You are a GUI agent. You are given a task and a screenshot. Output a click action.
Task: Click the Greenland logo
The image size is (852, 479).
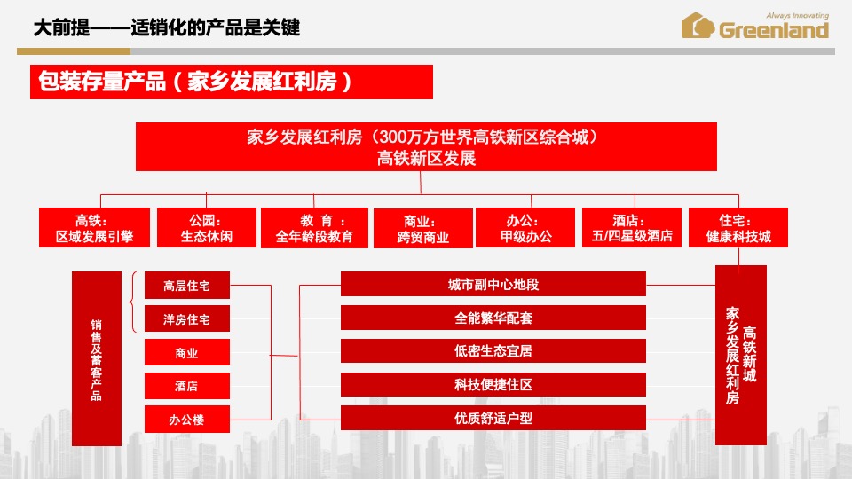click(x=754, y=27)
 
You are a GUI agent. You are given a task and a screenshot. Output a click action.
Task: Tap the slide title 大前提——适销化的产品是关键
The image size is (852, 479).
click(x=166, y=28)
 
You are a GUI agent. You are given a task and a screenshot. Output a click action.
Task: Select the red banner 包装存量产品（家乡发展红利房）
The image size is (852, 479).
click(x=231, y=82)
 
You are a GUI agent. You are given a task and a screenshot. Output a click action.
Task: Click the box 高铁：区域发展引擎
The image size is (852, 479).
click(x=94, y=228)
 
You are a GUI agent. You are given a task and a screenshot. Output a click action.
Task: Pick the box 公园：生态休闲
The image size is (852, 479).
click(x=206, y=228)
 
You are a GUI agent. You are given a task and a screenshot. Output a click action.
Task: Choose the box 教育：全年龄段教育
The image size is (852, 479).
click(x=314, y=228)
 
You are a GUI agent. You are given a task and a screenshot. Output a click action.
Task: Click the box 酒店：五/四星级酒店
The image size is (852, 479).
click(x=632, y=228)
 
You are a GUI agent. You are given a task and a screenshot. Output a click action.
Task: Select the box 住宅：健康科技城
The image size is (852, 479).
click(x=738, y=228)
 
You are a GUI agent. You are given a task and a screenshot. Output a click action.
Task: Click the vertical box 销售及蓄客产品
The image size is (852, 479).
click(x=96, y=358)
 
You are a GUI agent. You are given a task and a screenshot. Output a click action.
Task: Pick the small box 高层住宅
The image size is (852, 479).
click(x=187, y=286)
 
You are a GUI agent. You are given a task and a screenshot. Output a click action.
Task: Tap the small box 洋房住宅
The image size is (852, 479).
click(x=187, y=319)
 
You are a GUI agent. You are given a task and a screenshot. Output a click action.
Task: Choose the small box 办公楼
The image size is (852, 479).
click(x=187, y=420)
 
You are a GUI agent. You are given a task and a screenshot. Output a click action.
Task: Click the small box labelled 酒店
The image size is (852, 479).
click(x=187, y=386)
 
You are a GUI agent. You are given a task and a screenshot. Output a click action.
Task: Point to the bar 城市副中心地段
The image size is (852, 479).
click(x=493, y=285)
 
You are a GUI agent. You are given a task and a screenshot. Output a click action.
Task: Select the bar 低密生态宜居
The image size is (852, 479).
click(x=493, y=351)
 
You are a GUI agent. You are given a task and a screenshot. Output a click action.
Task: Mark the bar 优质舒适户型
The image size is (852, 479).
click(x=493, y=418)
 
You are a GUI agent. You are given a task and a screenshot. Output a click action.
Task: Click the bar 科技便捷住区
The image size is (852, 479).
click(x=493, y=385)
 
